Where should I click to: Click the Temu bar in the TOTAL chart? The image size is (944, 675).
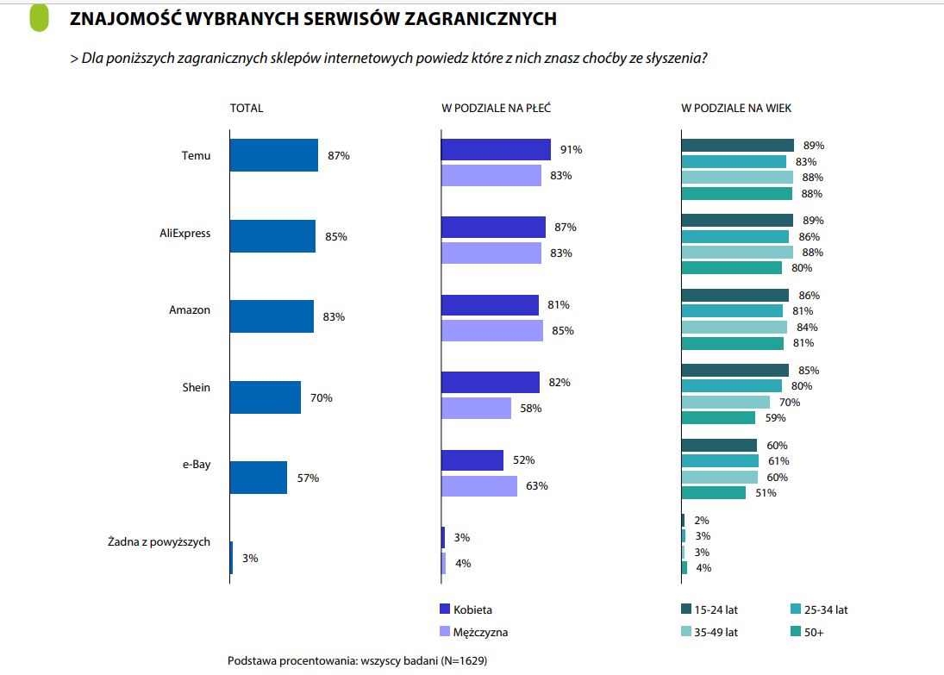coord(274,155)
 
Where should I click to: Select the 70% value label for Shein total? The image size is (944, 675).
coord(322,398)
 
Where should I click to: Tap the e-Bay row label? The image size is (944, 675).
coord(197,465)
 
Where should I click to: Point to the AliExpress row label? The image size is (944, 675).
coord(184,234)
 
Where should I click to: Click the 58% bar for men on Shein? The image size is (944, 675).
coord(476,408)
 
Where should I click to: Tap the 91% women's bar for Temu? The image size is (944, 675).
coord(496,149)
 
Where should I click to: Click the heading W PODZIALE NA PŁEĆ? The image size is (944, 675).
coord(496,109)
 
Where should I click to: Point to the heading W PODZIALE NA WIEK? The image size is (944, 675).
coord(736,109)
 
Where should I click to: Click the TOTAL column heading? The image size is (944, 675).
coord(247,109)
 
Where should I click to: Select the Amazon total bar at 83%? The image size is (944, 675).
coord(272,316)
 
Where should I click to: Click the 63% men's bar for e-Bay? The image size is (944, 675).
coord(478,485)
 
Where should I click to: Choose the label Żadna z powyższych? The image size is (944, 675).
coord(159,542)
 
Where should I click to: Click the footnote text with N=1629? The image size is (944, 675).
coord(363,660)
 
